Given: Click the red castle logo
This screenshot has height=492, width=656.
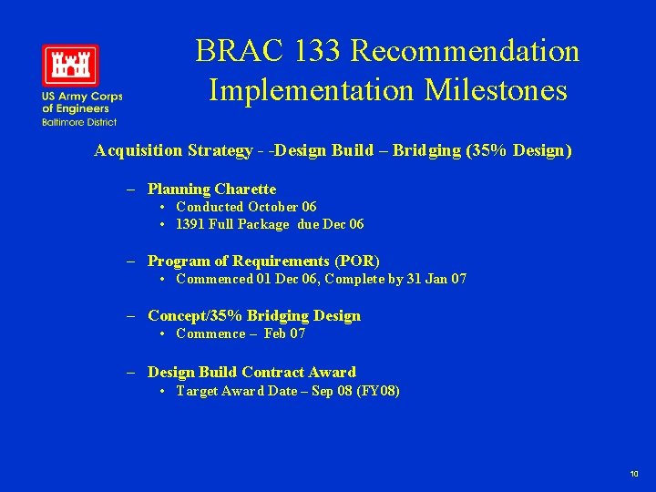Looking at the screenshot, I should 69,66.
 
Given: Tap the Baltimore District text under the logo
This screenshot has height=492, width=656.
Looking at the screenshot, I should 78,122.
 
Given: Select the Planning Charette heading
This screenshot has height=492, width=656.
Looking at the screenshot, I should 211,190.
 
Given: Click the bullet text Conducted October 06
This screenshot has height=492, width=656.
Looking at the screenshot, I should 246,207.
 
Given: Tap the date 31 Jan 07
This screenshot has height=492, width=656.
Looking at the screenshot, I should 437,279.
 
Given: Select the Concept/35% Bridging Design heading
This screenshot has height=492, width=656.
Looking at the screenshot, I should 254,316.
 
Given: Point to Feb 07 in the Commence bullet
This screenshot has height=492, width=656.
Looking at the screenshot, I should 285,333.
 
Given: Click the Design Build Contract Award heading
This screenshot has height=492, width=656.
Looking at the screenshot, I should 251,372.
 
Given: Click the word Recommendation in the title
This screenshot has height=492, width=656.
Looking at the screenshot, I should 465,51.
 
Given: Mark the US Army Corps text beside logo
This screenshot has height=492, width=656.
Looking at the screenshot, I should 81,97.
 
